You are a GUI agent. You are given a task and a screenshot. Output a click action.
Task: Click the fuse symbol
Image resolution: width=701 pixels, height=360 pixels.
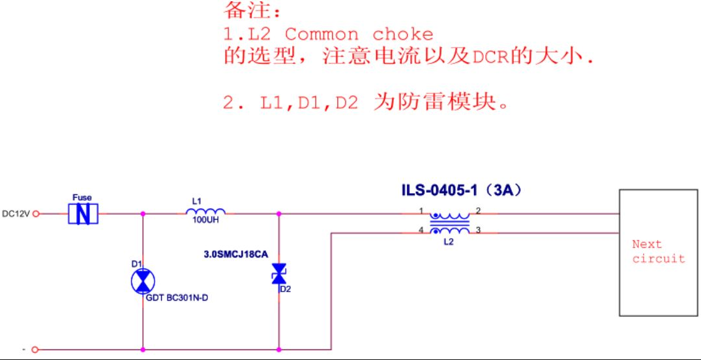(83, 214)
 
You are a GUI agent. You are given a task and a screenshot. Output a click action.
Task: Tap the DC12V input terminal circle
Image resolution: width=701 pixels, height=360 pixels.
(37, 214)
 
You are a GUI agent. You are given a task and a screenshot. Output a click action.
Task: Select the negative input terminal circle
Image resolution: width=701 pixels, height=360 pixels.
(37, 350)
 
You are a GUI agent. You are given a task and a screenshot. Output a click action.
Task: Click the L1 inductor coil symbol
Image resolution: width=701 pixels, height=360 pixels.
(205, 211)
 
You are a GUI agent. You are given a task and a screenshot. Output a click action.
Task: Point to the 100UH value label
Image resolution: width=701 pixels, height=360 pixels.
(205, 220)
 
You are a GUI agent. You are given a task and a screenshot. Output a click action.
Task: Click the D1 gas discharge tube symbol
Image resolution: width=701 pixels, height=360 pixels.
(143, 282)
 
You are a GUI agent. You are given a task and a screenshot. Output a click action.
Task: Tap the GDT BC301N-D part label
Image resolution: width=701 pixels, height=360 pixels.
(177, 298)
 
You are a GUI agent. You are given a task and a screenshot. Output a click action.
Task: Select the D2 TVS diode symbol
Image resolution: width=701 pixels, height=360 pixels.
(279, 274)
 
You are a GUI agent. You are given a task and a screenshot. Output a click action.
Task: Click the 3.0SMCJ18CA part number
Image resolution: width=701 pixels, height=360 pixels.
(235, 255)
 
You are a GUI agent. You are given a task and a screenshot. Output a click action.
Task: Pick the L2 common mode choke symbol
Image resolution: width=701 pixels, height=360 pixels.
(450, 222)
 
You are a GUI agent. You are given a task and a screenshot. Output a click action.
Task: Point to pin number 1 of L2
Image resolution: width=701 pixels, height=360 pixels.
(421, 210)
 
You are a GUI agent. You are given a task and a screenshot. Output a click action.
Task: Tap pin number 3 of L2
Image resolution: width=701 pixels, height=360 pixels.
(478, 230)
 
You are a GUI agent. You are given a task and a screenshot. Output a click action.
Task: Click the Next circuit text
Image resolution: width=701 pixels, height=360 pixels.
(658, 251)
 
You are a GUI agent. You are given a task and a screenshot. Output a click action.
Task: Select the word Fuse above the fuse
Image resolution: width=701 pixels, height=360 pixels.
(82, 197)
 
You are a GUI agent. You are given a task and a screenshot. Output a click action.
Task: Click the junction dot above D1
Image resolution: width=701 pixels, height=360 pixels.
(143, 214)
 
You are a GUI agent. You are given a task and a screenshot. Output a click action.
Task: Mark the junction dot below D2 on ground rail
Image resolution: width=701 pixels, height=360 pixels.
(279, 350)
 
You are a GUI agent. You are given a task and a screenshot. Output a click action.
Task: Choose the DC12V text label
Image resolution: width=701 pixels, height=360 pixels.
(16, 214)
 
